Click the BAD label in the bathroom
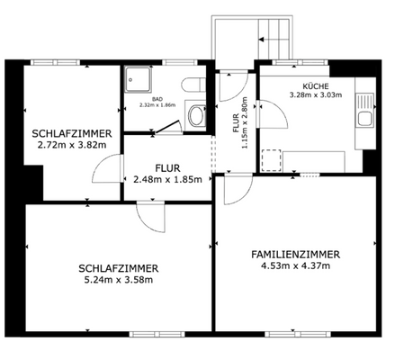[x=157, y=99]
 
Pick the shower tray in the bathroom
[x=139, y=79]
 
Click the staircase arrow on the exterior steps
[x=264, y=41]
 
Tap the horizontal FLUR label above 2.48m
[x=167, y=167]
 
